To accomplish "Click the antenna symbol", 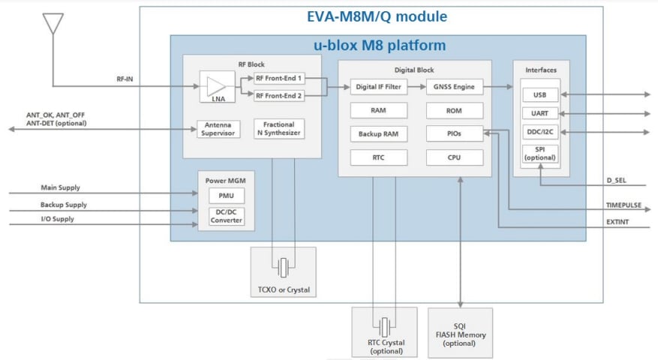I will [x=53, y=23].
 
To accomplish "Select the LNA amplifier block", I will [x=217, y=86].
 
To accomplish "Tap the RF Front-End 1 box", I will [x=278, y=78].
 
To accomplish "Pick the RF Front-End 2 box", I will [x=278, y=95].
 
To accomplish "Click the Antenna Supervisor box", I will [x=218, y=129].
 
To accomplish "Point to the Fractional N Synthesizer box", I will [x=279, y=129].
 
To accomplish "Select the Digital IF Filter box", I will [x=379, y=87].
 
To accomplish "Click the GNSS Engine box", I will [x=454, y=87].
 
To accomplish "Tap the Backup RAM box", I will [x=379, y=134].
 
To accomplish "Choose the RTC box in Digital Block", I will [x=379, y=157].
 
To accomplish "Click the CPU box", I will [x=454, y=157].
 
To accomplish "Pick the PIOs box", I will [x=454, y=134].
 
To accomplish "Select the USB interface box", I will [x=540, y=95].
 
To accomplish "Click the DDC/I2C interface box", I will [x=540, y=131].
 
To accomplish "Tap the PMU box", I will [x=226, y=196].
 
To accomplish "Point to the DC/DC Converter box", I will [x=226, y=216].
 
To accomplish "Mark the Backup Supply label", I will [x=63, y=205].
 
